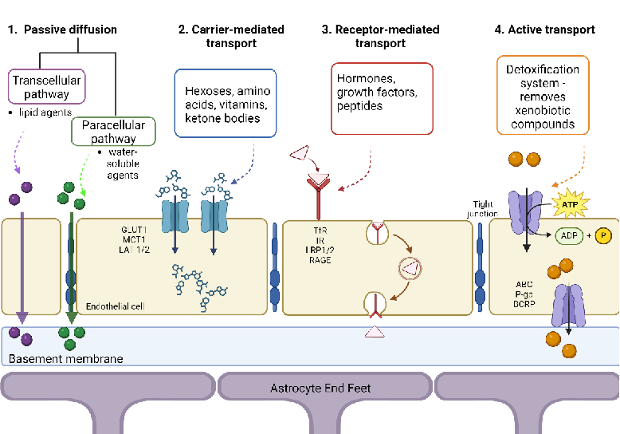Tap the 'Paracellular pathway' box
113,132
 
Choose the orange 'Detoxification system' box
542,93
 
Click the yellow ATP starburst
569,203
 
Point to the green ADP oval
569,237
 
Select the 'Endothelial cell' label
117,306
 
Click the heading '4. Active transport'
544,30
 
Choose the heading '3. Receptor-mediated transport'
380,36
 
